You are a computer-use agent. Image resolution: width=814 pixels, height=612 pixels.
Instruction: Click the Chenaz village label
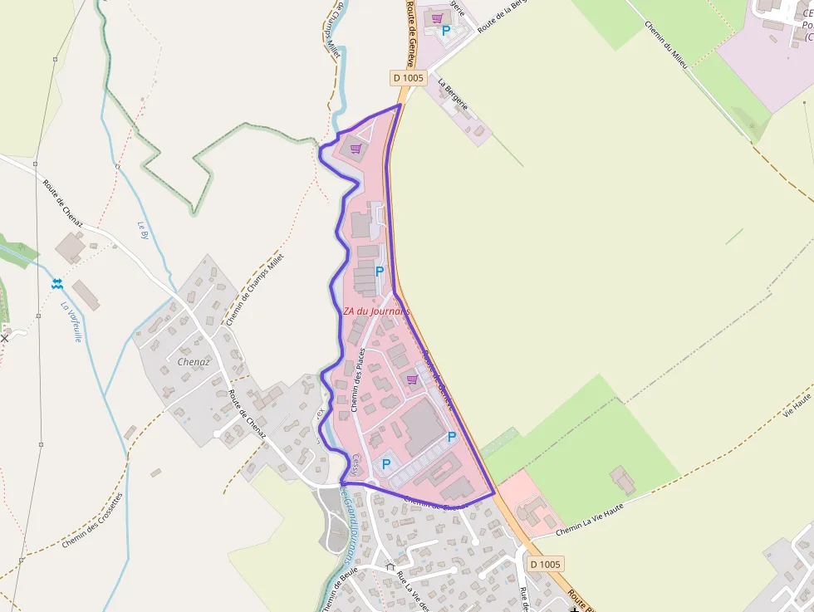194,362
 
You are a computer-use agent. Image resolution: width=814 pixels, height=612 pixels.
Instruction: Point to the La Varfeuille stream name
71,321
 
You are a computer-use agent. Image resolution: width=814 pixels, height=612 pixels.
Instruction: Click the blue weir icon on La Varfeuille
56,283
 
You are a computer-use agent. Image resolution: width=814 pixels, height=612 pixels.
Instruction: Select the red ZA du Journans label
377,311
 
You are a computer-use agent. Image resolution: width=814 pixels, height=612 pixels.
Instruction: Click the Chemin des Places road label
359,379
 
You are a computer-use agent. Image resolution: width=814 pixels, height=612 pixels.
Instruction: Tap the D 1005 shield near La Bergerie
408,78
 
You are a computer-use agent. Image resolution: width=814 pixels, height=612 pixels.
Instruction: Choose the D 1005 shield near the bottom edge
545,565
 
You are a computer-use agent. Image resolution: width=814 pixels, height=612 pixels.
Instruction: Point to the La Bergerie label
454,95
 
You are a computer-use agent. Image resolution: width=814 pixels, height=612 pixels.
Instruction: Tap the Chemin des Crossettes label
92,520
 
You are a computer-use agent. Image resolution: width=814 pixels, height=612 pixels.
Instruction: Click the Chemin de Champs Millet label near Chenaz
254,289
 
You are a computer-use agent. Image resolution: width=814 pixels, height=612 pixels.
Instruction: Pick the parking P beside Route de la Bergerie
446,31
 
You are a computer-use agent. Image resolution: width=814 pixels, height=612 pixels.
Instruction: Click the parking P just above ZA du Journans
380,271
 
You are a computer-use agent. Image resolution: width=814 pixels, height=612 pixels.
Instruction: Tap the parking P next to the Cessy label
385,464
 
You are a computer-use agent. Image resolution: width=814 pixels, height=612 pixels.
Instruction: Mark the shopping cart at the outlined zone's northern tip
356,149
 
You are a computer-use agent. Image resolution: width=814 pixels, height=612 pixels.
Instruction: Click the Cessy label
357,462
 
